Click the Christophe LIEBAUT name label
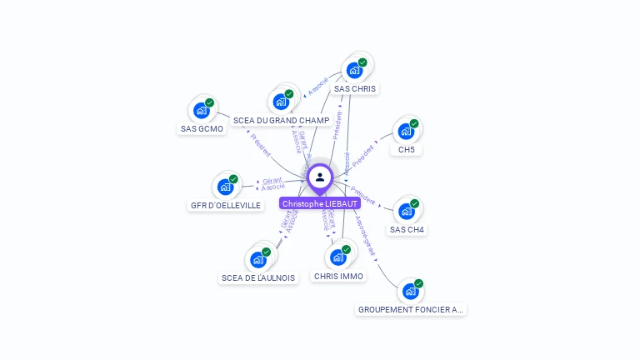320,203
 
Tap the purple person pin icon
320,177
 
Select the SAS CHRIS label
355,88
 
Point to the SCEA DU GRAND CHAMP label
281,121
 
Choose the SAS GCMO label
202,129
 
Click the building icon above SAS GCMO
201,110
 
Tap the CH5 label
407,150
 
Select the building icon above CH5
406,132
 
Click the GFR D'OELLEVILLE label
227,205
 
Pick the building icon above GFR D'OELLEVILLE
225,187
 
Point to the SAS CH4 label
407,229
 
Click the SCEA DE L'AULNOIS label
258,277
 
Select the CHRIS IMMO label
339,276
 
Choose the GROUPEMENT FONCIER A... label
410,309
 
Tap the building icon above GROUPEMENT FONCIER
410,291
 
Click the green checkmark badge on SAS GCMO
210,102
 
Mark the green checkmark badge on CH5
414,124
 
